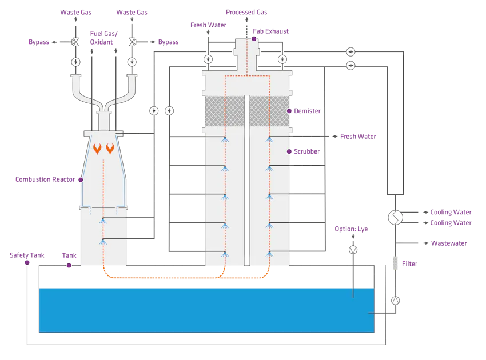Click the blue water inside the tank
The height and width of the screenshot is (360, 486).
tap(206, 309)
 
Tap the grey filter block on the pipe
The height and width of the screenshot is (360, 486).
tap(393, 263)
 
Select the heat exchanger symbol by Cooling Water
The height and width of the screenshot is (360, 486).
tap(395, 217)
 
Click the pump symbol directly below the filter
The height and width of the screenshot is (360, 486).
tap(395, 300)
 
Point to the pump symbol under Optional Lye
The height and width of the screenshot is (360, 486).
tap(353, 249)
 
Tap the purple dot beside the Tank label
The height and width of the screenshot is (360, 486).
tap(69, 265)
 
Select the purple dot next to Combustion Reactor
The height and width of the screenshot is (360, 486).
tap(81, 179)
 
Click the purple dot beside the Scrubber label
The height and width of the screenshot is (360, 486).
tap(289, 151)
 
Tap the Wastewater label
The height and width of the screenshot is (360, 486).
tap(451, 243)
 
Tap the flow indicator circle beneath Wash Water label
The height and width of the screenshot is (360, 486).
tap(208, 59)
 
